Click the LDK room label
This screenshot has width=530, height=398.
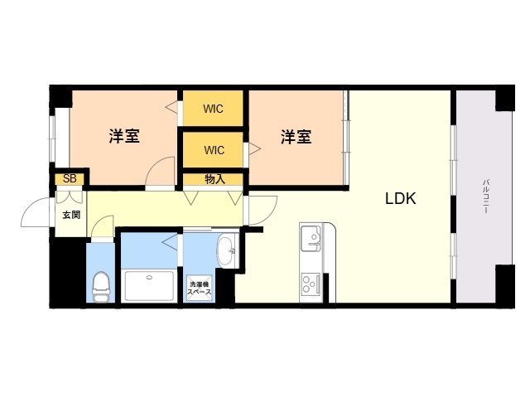(401, 199)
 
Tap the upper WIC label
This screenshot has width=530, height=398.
(214, 109)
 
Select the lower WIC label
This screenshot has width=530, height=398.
(214, 150)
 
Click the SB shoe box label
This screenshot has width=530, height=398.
(70, 178)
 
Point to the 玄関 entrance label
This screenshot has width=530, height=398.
(71, 215)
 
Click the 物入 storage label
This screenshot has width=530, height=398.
(214, 179)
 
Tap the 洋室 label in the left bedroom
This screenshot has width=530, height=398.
(124, 136)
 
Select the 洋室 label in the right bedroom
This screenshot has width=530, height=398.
(296, 137)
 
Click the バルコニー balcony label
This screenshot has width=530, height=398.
(486, 197)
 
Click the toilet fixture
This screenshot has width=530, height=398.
(101, 287)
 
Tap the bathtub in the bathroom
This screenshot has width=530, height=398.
(149, 285)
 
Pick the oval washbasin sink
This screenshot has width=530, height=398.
(225, 250)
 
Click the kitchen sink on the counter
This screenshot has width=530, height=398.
(311, 238)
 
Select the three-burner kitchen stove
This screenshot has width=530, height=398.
(311, 284)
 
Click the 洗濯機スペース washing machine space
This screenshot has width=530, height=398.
(200, 288)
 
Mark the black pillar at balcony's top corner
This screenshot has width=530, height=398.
(505, 99)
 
